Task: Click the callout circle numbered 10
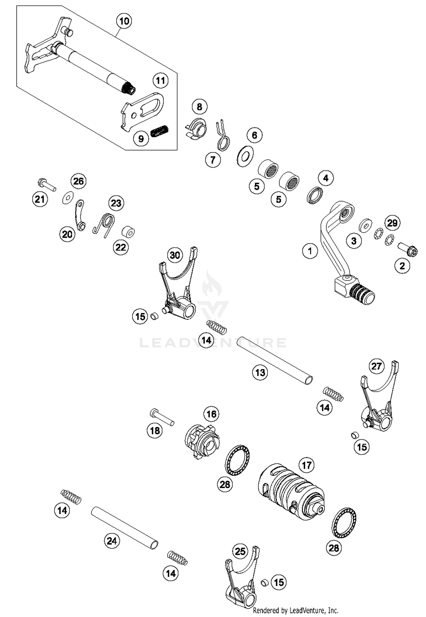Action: coord(124,21)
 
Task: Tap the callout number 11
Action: coord(160,81)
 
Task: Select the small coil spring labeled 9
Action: coord(159,131)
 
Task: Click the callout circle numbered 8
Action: coord(199,107)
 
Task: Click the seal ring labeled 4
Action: coord(315,195)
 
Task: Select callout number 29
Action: coord(392,223)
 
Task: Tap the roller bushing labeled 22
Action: coord(128,232)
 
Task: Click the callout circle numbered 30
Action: coord(175,255)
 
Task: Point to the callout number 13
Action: coord(260,372)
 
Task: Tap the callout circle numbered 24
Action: coord(112,541)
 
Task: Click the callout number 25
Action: coord(240,551)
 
